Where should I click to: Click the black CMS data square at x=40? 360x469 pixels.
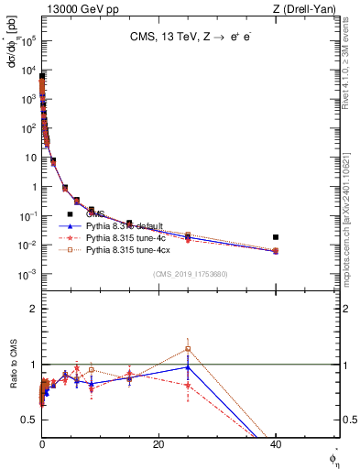point(276,237)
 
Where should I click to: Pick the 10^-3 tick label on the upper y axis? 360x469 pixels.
point(29,274)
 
